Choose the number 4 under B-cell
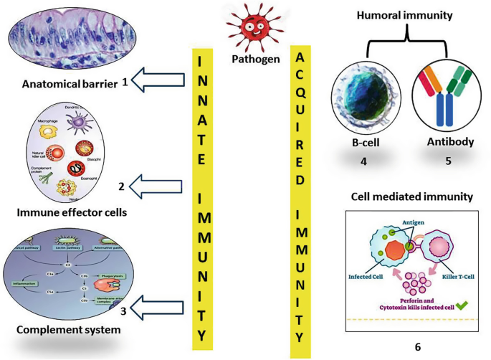(x=363, y=161)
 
